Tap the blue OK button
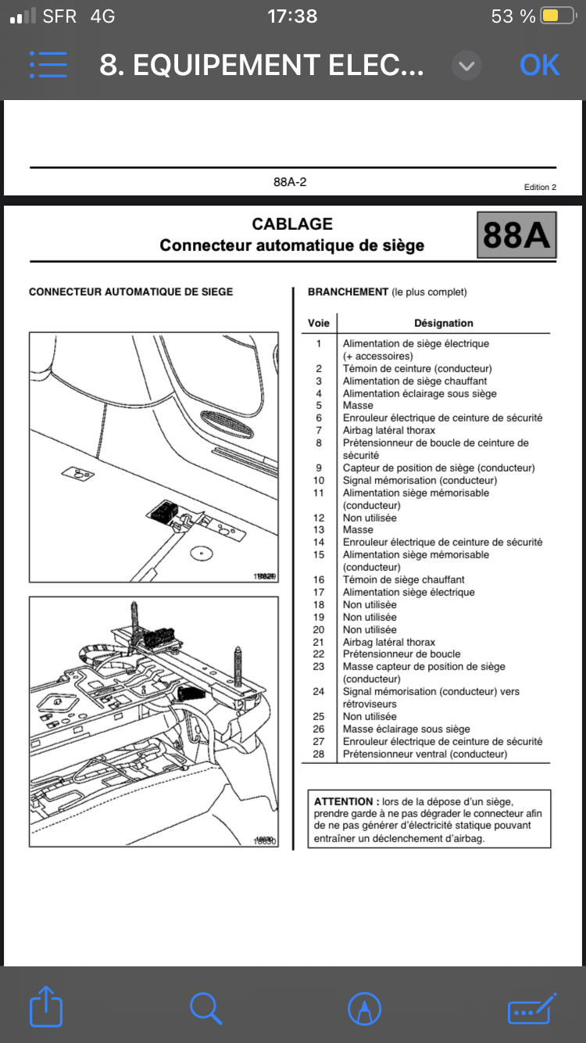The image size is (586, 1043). [x=539, y=66]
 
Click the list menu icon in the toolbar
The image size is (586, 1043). [x=48, y=66]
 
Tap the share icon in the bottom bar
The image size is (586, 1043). [x=45, y=1006]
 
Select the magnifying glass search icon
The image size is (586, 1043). [x=205, y=1008]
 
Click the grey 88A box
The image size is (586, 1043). [x=516, y=235]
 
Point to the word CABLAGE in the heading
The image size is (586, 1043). [x=292, y=224]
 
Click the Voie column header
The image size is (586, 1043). [x=319, y=323]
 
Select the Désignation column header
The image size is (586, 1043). [x=443, y=323]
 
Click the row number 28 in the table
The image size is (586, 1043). [x=319, y=754]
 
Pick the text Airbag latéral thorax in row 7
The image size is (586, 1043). [x=389, y=430]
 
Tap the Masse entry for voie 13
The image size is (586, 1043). [x=358, y=529]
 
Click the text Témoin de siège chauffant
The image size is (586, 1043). [x=403, y=579]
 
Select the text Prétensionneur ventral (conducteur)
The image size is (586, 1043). [x=425, y=754]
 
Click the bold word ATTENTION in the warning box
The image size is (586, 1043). [x=343, y=801]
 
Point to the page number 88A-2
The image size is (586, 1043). [x=289, y=182]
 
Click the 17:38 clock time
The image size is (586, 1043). [x=292, y=16]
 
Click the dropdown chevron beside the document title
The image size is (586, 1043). [x=466, y=66]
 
